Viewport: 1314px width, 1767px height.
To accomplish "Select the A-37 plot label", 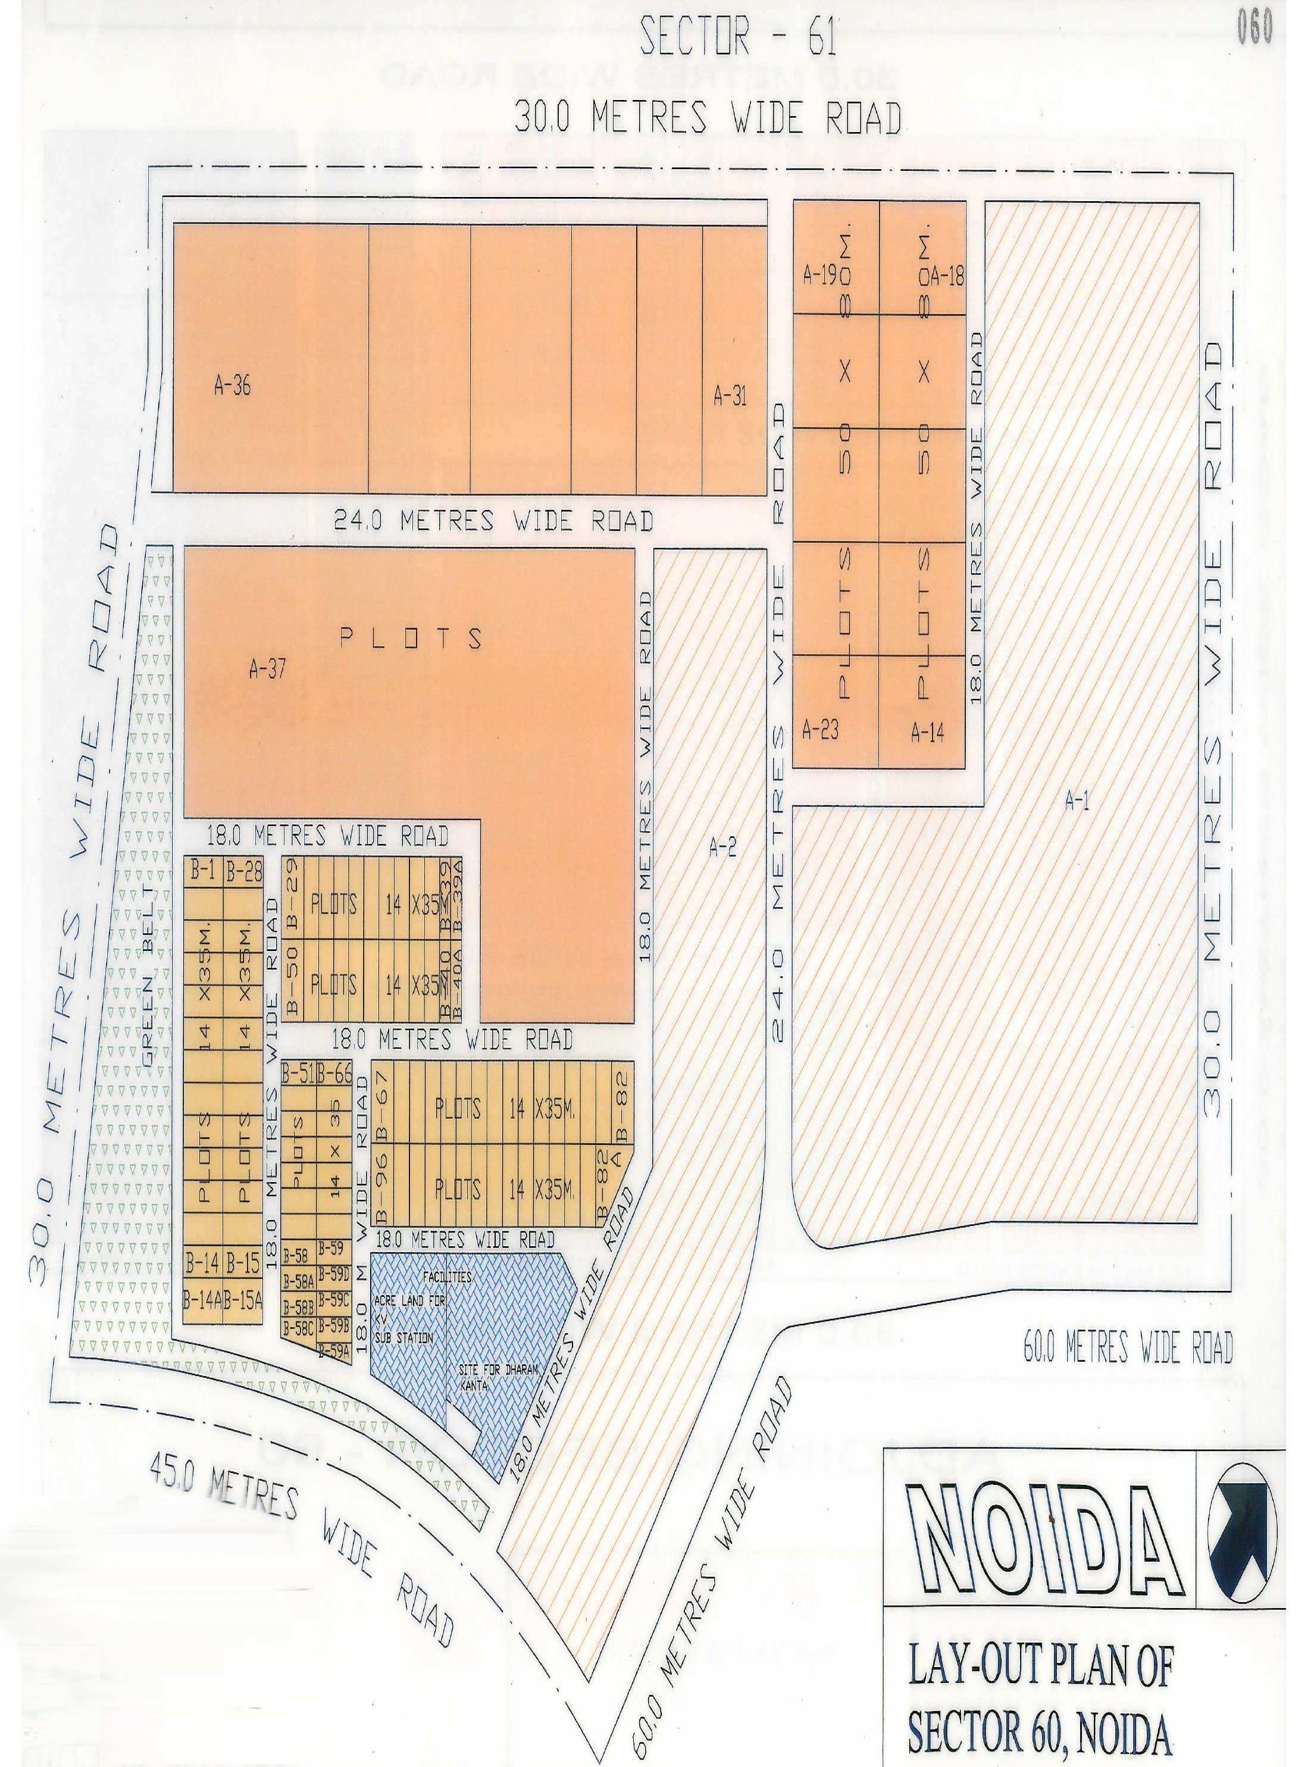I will [x=267, y=670].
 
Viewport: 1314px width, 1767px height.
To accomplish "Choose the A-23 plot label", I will [x=820, y=729].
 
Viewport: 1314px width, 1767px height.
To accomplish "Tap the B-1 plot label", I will [x=203, y=871].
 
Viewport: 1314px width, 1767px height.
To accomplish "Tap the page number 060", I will [x=1254, y=28].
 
